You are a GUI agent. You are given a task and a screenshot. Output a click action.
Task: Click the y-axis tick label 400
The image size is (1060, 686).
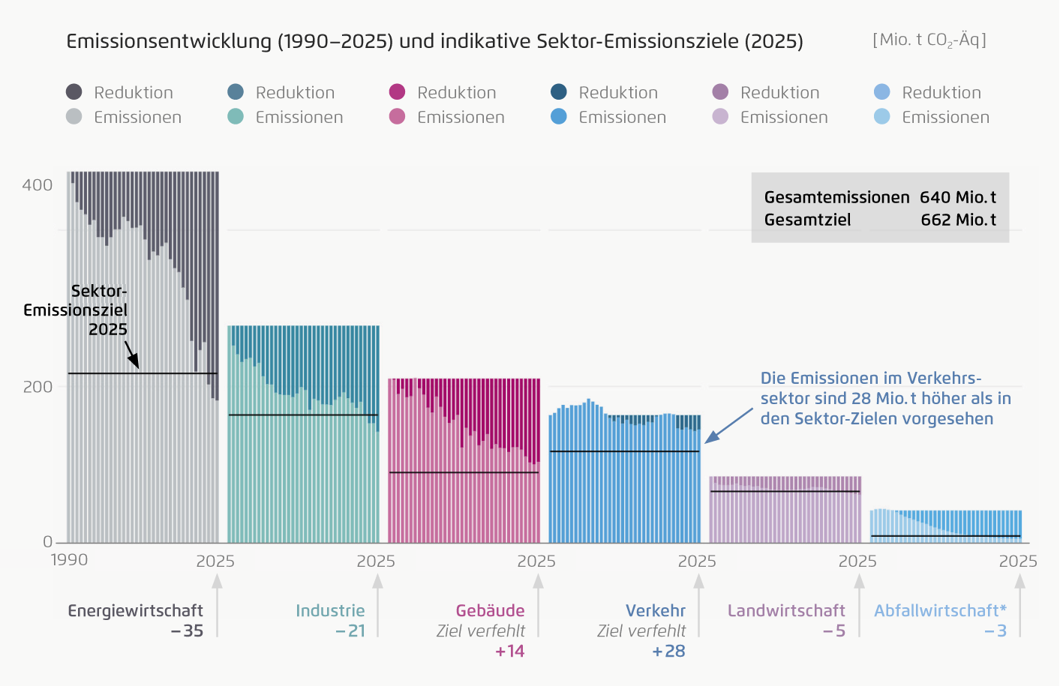(x=37, y=185)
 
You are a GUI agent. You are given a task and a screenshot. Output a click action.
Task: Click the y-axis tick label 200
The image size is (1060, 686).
(x=38, y=387)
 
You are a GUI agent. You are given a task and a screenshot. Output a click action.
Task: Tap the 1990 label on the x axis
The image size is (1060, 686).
(x=69, y=560)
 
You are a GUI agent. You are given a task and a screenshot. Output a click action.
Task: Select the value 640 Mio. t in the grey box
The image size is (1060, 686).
(x=958, y=197)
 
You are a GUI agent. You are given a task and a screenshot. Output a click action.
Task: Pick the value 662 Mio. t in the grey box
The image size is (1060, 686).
(x=958, y=220)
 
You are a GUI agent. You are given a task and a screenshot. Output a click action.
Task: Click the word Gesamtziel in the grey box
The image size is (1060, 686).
(x=807, y=220)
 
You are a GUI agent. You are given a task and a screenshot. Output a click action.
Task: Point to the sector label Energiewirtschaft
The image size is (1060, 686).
(x=135, y=611)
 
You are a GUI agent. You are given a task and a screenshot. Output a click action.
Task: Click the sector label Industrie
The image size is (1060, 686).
(x=330, y=611)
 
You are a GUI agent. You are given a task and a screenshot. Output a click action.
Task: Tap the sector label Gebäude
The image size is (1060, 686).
(x=491, y=611)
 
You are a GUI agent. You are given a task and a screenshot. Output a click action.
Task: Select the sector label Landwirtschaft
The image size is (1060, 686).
(x=786, y=611)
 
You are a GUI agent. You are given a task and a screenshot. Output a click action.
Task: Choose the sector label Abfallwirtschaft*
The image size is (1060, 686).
(x=940, y=611)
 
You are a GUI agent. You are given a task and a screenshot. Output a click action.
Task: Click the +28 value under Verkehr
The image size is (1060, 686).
(x=668, y=652)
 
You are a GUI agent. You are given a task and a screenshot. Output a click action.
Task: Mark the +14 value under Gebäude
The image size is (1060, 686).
(x=509, y=652)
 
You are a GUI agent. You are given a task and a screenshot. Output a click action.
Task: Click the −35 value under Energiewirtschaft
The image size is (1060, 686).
(x=187, y=631)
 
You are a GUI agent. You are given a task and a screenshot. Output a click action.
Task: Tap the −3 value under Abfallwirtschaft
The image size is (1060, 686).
(x=995, y=631)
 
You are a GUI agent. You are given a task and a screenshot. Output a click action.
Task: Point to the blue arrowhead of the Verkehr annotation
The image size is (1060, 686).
(x=712, y=437)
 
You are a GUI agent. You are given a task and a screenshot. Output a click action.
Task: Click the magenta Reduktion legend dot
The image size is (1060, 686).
(x=397, y=91)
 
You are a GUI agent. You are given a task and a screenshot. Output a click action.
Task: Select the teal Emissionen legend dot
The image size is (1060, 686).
(x=236, y=116)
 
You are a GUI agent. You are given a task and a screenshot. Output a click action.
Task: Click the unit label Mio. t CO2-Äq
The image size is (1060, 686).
(x=929, y=40)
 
